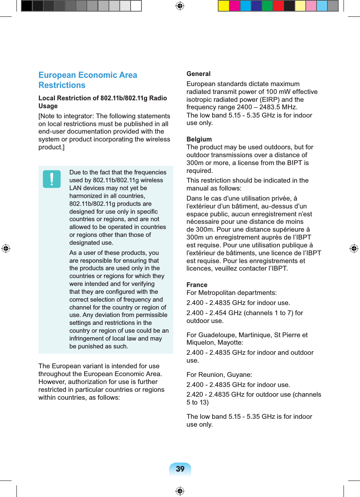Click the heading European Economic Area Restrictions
point(88,80)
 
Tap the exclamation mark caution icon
point(52,179)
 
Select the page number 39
point(180,469)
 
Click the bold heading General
point(198,74)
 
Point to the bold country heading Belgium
point(199,139)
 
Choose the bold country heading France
point(197,285)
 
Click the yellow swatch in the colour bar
point(224,6)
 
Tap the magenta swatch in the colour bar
point(235,6)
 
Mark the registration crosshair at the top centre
point(180,6)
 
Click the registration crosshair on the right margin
point(354,248)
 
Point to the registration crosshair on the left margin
point(6,248)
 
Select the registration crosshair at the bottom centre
point(180,491)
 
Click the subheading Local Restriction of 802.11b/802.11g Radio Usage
point(103,102)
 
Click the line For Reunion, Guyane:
point(219,375)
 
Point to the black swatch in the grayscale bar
point(27,6)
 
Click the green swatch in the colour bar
point(267,6)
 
